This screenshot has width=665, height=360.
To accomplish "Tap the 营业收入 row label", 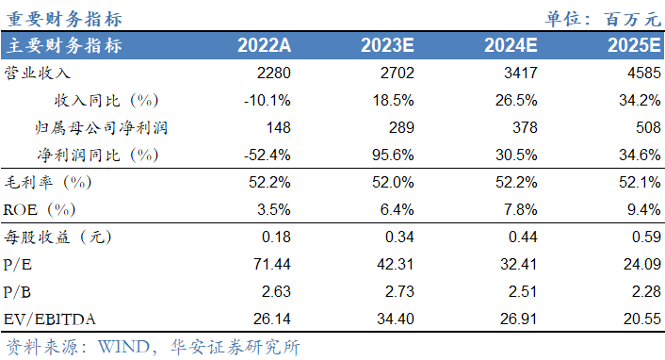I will click(x=40, y=73).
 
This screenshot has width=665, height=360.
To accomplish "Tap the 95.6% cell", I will click(x=394, y=153).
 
